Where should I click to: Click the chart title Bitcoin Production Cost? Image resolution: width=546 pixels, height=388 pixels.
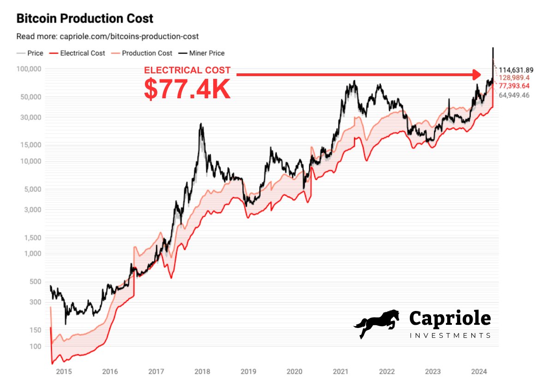point(84,19)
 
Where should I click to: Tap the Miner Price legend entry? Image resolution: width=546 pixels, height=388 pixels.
point(203,53)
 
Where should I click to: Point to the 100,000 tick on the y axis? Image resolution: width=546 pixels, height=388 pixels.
point(30,69)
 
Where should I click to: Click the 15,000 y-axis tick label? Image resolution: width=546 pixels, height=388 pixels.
point(31,145)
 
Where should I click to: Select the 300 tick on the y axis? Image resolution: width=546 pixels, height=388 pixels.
point(35,302)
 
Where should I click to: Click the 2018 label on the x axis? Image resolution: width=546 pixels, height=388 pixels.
point(202,371)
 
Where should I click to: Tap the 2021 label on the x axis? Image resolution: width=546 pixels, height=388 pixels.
point(340,371)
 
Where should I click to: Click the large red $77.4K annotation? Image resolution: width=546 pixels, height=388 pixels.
point(187,90)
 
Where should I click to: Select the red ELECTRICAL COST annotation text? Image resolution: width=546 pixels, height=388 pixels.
point(187,71)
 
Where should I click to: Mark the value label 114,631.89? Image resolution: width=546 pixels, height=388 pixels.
point(516,70)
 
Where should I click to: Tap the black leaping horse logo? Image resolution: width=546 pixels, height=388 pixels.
point(377,323)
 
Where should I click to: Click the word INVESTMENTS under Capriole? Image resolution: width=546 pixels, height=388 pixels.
point(450,335)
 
